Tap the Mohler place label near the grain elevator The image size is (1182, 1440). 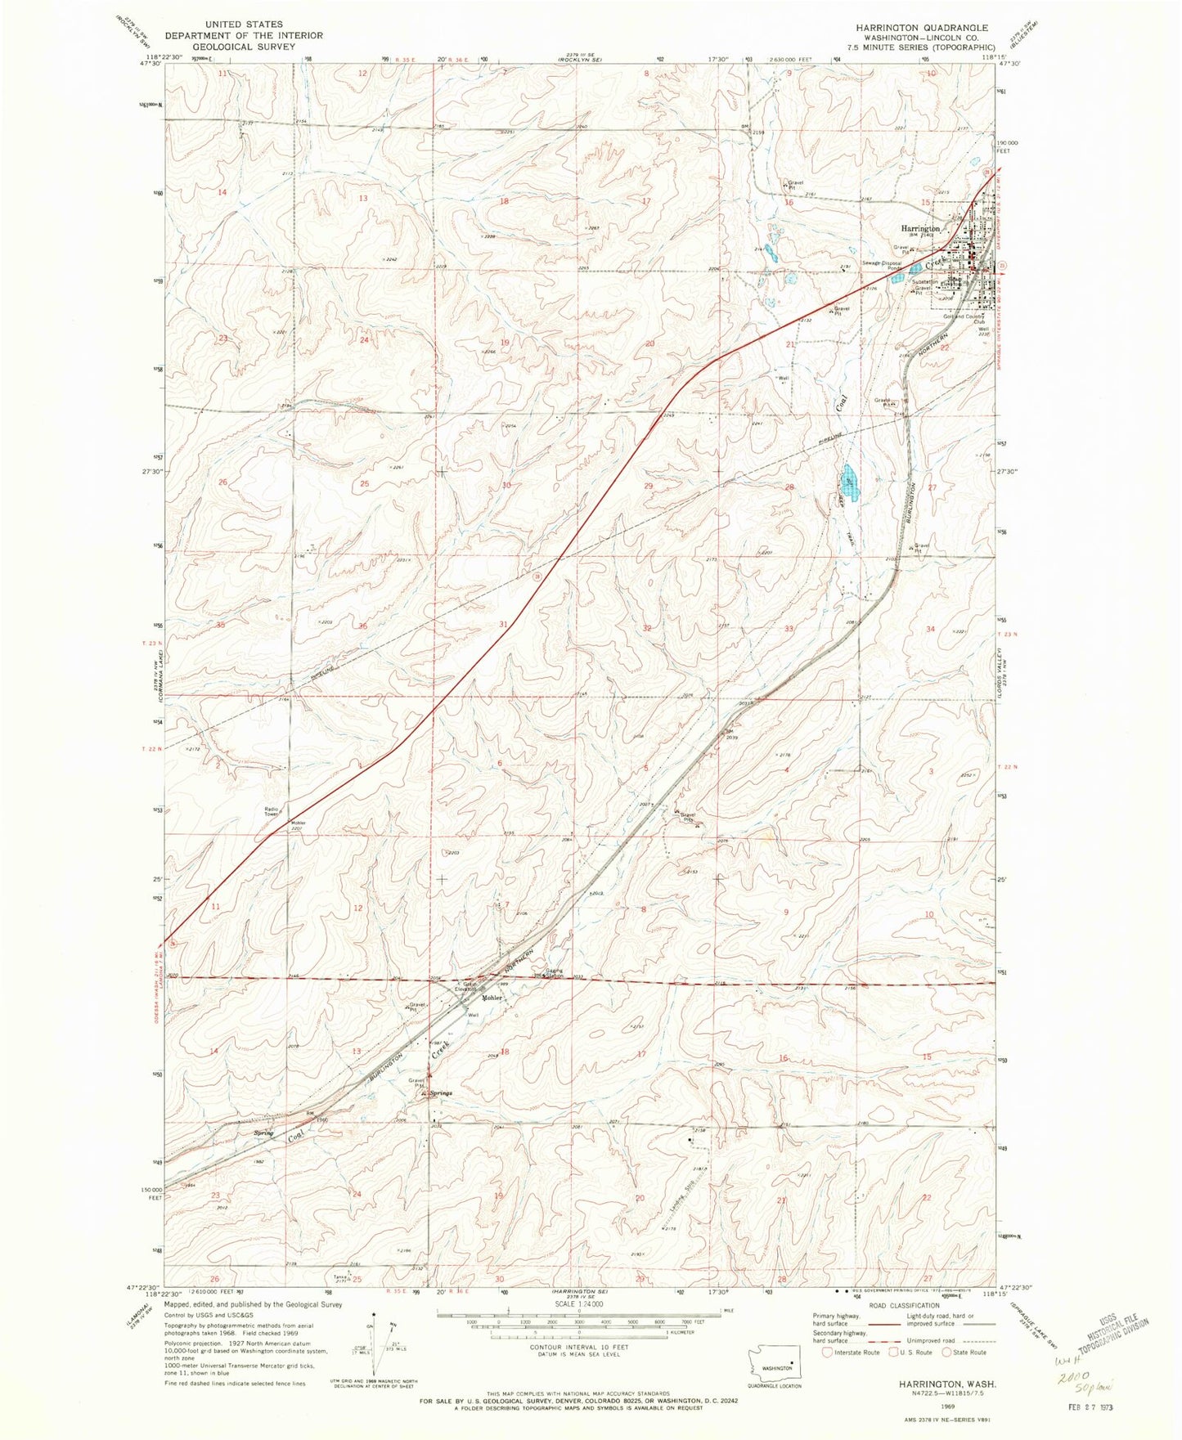492,998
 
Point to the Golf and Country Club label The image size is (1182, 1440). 969,319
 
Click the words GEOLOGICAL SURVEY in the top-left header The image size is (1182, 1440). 244,47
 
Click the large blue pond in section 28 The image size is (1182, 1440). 850,474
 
